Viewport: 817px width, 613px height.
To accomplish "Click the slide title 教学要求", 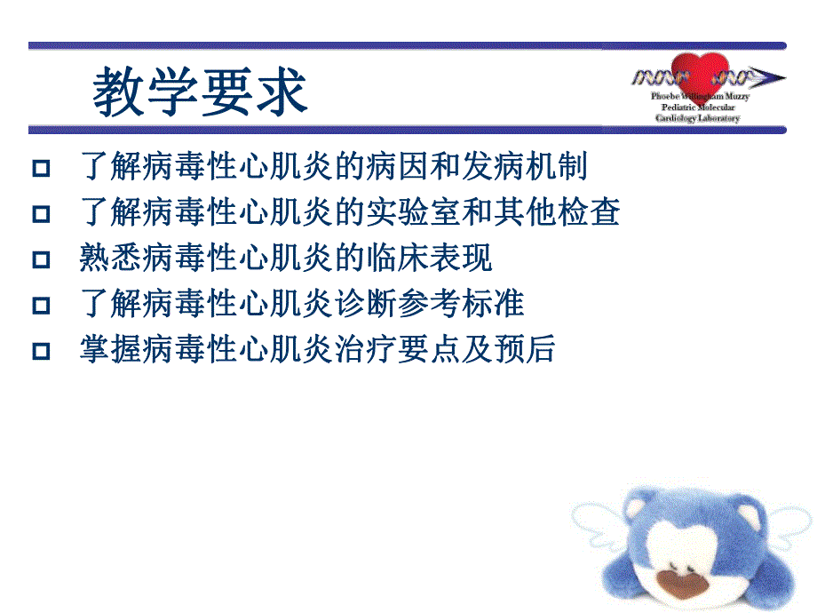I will coord(201,92).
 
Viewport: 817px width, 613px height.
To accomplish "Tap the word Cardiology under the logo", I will coord(678,118).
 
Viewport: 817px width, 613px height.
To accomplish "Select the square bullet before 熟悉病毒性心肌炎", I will coord(40,259).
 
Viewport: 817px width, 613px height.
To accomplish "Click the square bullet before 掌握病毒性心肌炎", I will coord(40,351).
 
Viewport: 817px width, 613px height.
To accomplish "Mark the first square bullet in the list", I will coord(40,167).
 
